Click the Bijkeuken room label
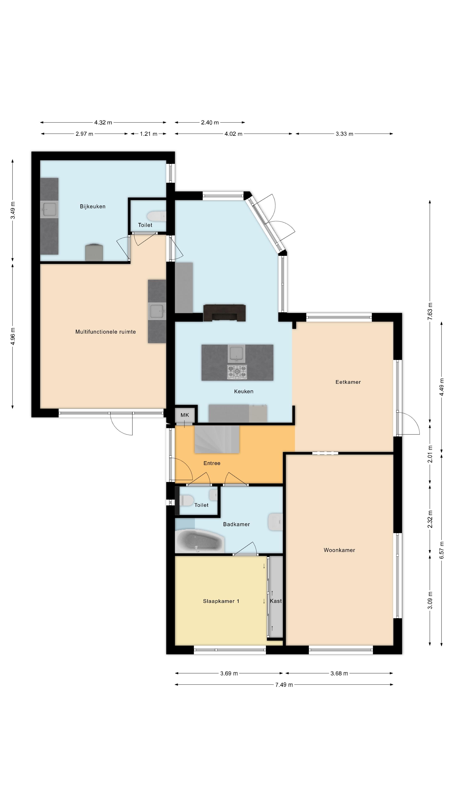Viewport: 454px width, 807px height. [92, 206]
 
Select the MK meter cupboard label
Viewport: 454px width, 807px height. [185, 415]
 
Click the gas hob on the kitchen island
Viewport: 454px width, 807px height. [237, 372]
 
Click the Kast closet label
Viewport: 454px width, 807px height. [276, 601]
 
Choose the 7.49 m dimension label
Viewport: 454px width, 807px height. [284, 685]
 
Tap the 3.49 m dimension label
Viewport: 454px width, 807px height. [13, 211]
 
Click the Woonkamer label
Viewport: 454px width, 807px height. [339, 550]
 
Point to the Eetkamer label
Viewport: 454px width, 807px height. [348, 382]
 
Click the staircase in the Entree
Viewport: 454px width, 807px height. [217, 439]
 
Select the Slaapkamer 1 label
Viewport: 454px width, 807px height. [221, 601]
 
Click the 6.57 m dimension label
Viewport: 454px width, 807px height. [441, 550]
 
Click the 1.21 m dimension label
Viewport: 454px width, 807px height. [149, 134]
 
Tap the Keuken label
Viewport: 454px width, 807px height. [244, 391]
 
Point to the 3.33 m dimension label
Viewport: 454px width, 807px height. [344, 134]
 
